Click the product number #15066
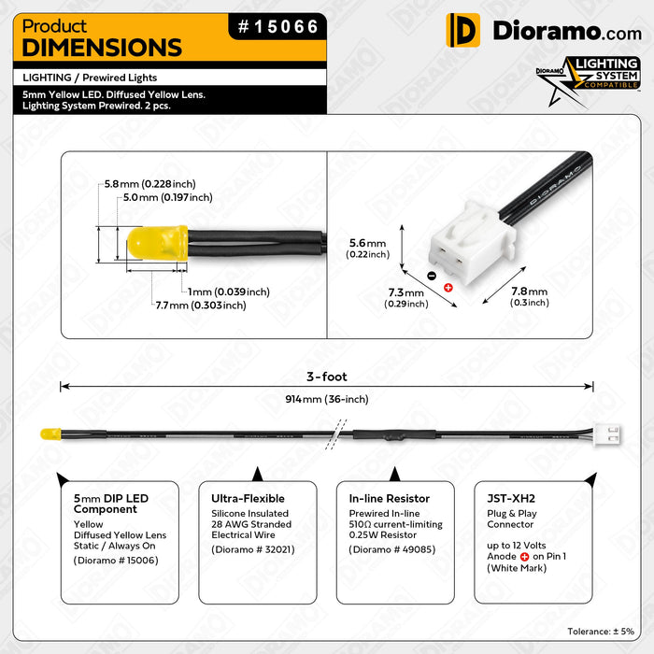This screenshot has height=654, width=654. coord(277,27)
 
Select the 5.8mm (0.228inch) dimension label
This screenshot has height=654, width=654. coord(149,184)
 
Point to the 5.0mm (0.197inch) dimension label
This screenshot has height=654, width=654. coord(167,198)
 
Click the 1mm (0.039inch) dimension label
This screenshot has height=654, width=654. coord(228,291)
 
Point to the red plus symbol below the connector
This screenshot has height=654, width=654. coord(448,287)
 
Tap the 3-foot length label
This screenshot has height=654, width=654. coord(327,377)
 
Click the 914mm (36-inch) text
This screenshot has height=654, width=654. coord(327,400)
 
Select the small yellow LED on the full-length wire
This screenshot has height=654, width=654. coord(50,435)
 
